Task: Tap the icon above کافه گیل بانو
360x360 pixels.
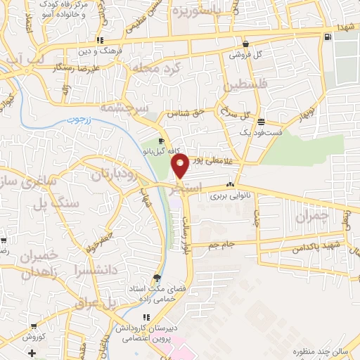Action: (164, 141)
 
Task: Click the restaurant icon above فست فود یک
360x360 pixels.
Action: (261, 120)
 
